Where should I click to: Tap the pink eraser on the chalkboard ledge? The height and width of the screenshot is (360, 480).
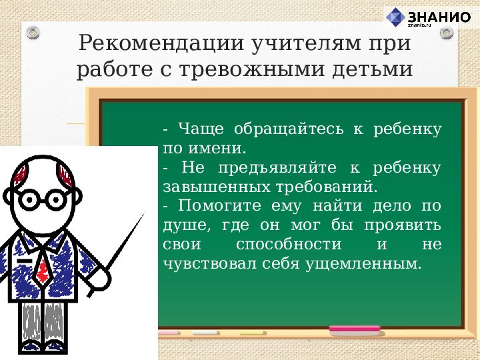(x=355, y=329)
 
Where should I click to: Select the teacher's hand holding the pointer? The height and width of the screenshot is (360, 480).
(x=100, y=275)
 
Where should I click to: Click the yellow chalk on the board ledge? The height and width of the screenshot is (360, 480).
(x=253, y=331)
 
